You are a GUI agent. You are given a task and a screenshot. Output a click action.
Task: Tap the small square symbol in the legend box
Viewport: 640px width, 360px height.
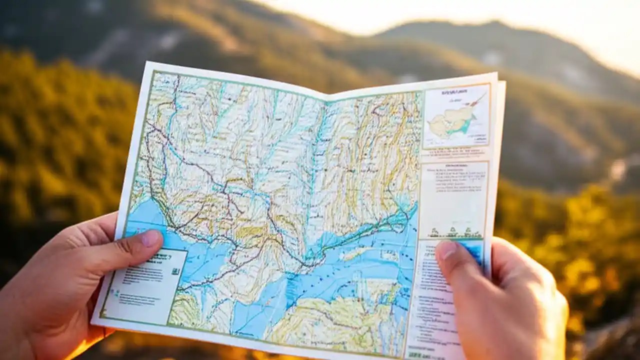pos(175,271)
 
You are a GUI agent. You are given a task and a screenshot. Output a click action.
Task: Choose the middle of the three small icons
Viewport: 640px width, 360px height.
pos(452,232)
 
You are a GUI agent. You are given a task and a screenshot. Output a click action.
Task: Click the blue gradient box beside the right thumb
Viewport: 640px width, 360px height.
pos(472,250)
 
